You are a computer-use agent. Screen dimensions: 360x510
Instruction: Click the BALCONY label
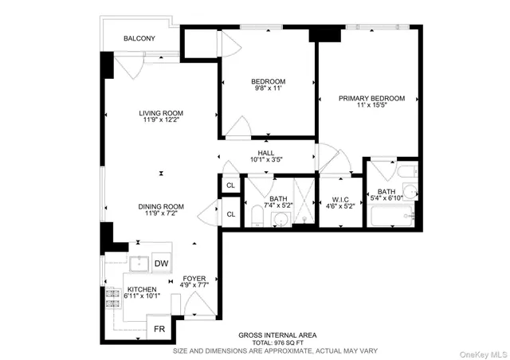coord(139,38)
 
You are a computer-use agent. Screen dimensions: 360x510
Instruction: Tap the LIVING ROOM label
coord(163,113)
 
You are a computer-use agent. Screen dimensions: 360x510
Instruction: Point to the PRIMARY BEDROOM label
coord(371,99)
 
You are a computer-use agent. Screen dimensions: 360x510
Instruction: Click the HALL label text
coord(265,152)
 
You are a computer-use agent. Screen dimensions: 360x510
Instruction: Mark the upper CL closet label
coord(230,186)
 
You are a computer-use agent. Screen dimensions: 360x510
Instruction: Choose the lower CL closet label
coord(230,214)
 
